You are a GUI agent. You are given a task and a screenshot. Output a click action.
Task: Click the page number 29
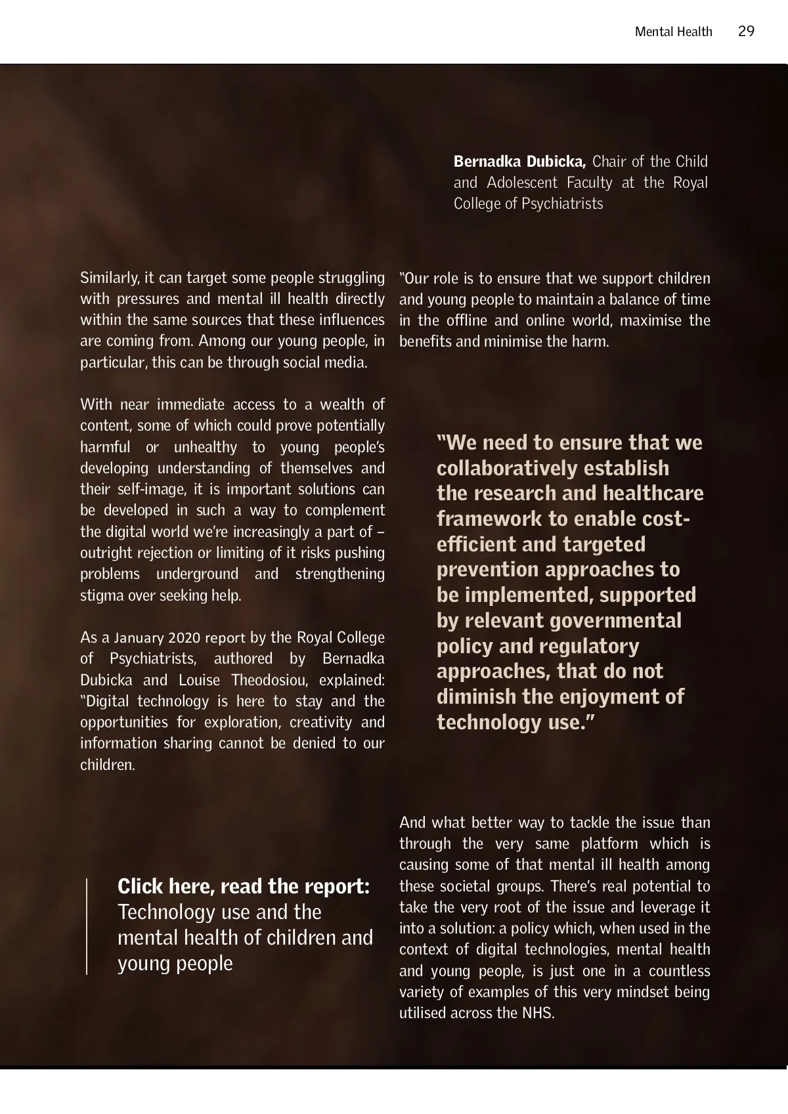point(746,32)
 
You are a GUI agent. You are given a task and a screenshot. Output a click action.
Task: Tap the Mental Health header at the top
point(673,32)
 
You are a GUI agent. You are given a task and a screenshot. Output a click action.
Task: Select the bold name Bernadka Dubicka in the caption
point(519,161)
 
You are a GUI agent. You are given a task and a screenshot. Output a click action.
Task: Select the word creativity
point(322,723)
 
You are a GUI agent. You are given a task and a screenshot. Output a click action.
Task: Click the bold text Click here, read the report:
point(244,887)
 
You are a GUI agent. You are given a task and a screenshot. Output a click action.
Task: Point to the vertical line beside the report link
point(87,926)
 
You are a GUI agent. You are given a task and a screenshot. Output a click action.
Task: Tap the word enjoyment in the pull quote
point(609,697)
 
